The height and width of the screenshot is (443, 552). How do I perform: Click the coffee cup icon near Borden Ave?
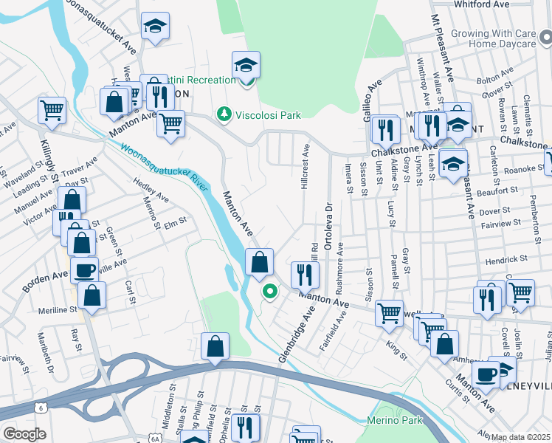pos(83,269)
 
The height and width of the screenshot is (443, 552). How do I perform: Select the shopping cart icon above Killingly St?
pos(52,110)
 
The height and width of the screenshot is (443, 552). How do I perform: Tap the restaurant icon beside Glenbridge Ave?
pos(304,275)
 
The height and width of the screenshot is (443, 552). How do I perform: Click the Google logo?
pos(24,433)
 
